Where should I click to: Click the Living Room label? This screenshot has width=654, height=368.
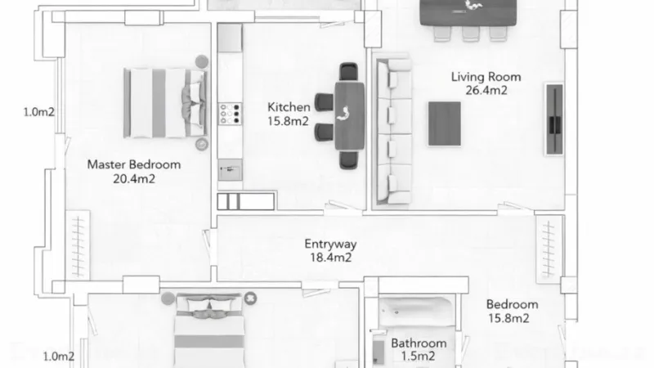486,77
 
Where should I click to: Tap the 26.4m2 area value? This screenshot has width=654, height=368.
486,91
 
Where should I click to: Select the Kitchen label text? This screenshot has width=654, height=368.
289,107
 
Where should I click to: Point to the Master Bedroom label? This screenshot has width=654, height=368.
134,164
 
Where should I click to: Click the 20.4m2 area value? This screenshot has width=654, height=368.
134,178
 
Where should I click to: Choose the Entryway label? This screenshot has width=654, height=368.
330,244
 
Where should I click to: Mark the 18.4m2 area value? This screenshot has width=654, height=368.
330,258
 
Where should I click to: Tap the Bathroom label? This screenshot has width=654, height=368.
419,343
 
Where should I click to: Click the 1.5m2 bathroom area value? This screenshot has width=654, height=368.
419,357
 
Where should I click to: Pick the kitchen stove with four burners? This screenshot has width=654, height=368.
231,113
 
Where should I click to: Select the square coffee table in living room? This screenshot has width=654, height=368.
444,123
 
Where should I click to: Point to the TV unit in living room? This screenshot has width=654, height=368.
554,119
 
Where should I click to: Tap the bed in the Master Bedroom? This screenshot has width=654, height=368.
163,101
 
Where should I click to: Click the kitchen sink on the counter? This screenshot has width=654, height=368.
230,168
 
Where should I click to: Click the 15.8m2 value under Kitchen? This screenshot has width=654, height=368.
289,121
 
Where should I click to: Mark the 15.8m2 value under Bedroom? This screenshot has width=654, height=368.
508,318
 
